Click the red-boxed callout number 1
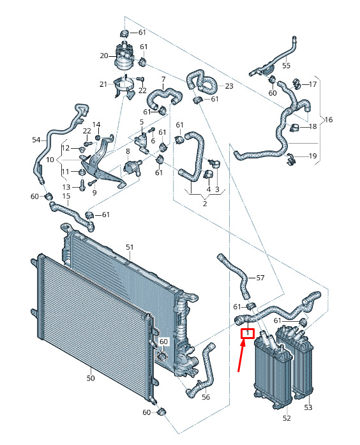[248, 333]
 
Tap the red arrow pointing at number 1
[241, 356]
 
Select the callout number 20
[104, 56]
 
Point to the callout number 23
[229, 86]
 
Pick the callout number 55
[286, 66]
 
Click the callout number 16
[329, 119]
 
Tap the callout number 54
[36, 140]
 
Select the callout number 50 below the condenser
[91, 378]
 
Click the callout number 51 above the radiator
[130, 247]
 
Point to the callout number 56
[206, 397]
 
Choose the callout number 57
[260, 278]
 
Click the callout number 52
[287, 418]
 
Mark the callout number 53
[308, 407]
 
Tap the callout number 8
[128, 151]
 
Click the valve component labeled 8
[131, 167]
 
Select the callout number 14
[96, 124]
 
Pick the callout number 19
[313, 156]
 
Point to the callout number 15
[66, 196]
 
